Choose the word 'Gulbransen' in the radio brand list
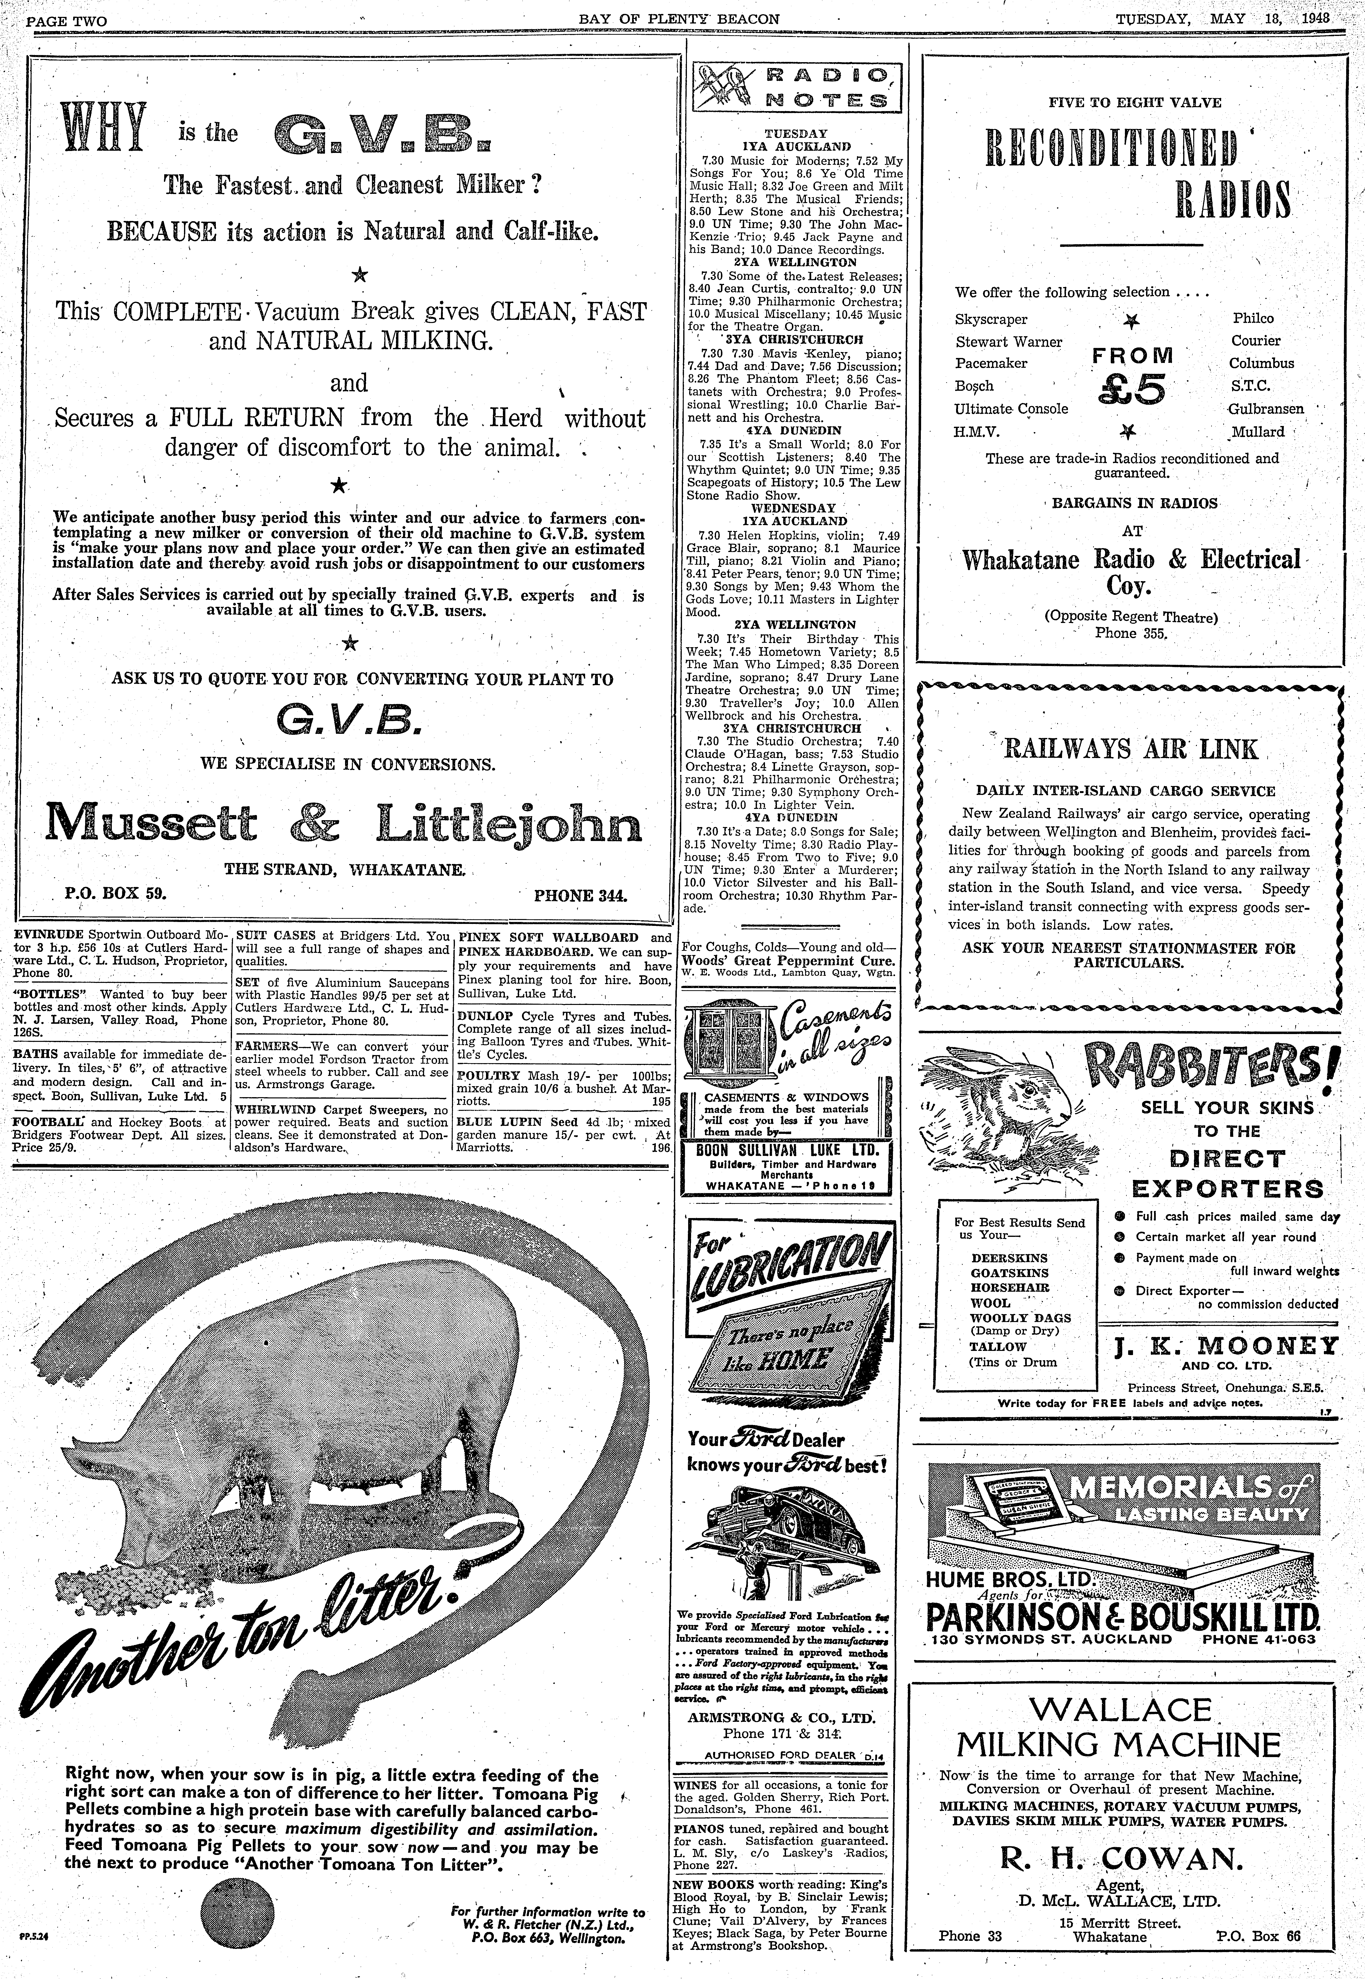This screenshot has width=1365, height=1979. pyautogui.click(x=1266, y=409)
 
